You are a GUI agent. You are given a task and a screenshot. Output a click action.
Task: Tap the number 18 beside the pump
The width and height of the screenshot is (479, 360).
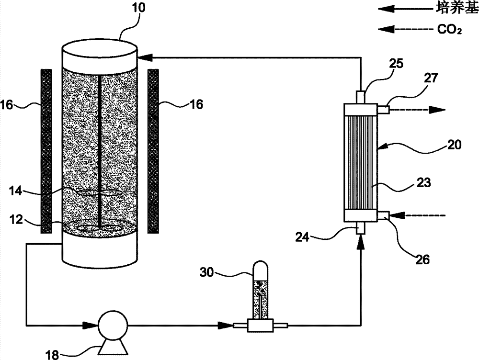point(52,355)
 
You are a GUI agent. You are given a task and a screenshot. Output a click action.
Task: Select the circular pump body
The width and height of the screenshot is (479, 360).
point(113,326)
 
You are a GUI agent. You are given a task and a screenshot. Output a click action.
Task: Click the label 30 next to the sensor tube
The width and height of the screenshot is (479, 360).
point(206,272)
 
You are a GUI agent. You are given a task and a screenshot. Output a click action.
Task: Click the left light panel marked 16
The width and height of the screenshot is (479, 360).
point(46,151)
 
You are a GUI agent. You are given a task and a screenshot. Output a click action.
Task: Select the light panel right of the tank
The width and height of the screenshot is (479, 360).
point(153,151)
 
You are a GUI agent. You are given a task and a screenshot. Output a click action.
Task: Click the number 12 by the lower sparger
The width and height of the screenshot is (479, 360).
point(16,219)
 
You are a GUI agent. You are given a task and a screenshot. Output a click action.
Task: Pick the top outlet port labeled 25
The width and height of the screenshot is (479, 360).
point(361,97)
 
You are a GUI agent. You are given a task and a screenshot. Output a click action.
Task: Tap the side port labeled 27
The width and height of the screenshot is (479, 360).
point(383,109)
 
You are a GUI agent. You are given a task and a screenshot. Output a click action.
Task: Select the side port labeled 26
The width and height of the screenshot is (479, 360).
point(383,215)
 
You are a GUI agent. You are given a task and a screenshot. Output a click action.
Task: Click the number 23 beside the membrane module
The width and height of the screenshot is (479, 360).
point(423,182)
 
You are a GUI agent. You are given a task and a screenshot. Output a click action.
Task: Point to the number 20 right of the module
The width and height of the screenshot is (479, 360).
point(454,144)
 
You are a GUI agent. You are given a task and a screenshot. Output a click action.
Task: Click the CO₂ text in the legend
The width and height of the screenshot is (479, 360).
point(449,30)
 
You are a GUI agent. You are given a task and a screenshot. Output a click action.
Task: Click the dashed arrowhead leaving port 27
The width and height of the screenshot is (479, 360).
point(437,110)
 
